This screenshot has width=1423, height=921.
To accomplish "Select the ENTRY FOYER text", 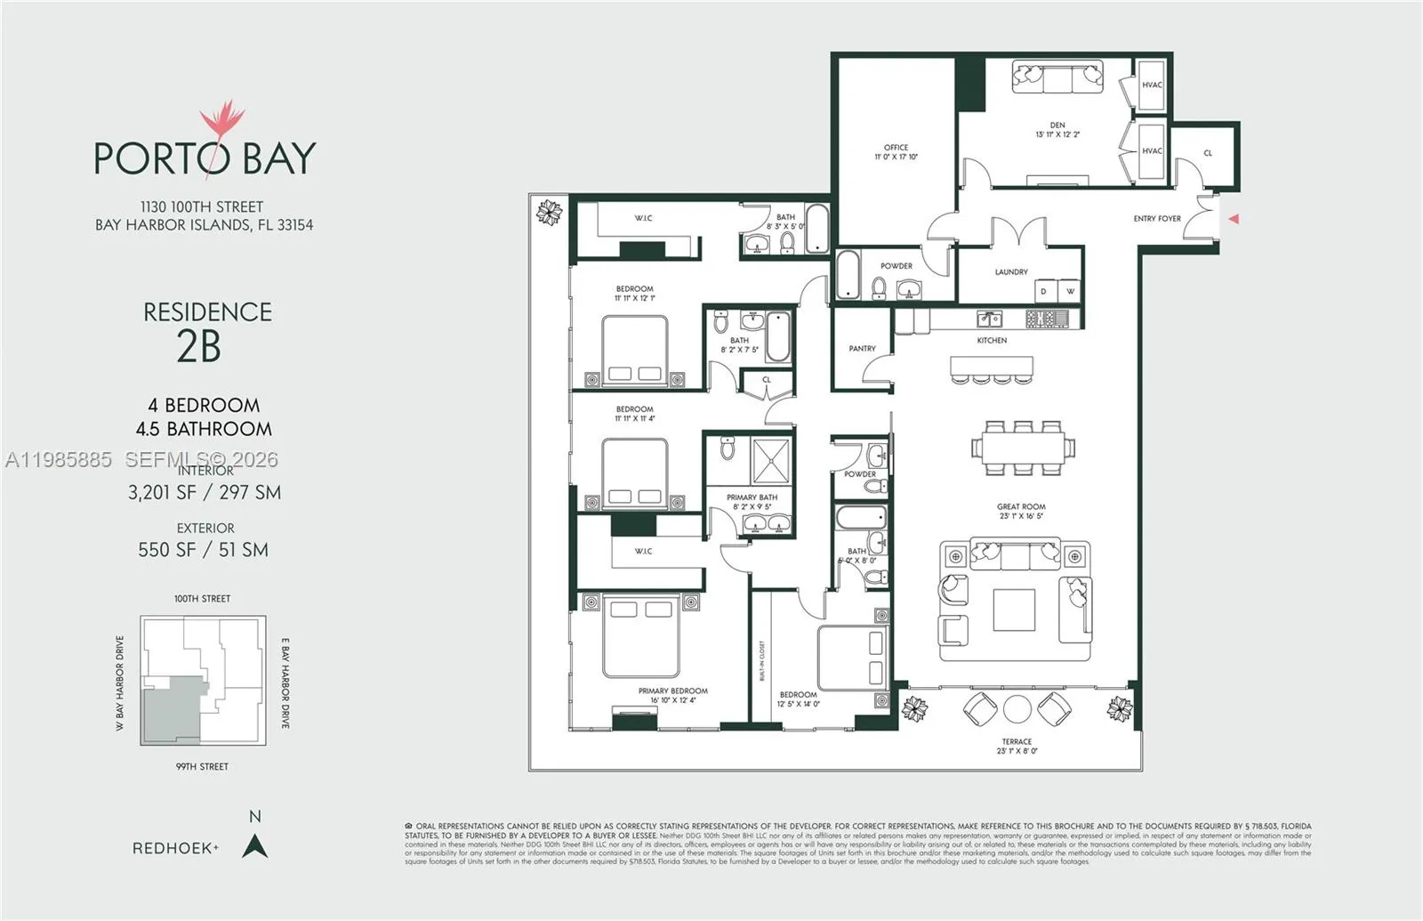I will (1156, 218).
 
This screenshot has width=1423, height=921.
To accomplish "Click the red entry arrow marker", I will (1234, 218).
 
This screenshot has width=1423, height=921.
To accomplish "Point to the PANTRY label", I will (862, 349).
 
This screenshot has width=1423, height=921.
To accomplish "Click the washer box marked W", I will (1070, 291).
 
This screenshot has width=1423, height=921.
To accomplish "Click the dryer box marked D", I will (1044, 291).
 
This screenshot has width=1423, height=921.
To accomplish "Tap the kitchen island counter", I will (992, 366).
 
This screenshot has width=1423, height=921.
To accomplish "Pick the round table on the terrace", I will (1017, 709).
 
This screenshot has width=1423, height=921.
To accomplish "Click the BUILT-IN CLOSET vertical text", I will (762, 660).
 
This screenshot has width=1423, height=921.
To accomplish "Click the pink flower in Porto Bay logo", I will (221, 122).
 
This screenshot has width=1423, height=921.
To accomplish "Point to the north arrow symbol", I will (255, 845).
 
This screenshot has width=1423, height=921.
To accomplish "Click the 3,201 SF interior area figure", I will (162, 492).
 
